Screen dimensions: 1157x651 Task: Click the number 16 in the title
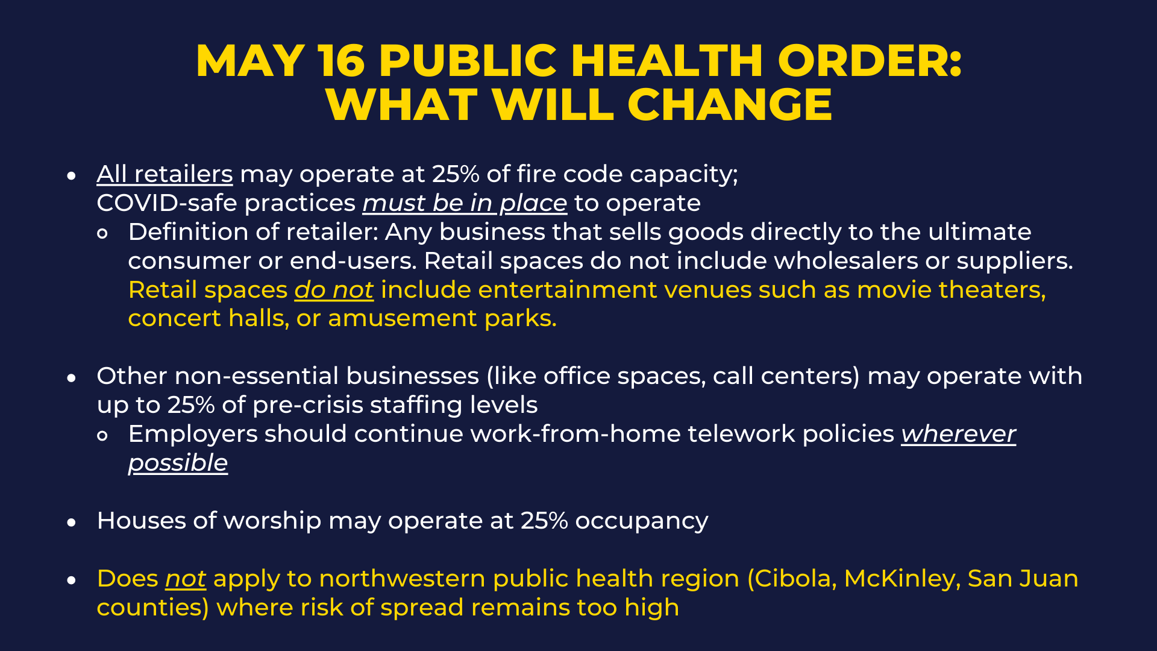(342, 61)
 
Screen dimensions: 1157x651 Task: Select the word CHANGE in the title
(730, 105)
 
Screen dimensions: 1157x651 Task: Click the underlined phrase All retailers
(165, 174)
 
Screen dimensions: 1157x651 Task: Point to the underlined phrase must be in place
(465, 204)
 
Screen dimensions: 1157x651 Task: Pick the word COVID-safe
(167, 203)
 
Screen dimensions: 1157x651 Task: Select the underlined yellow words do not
(334, 290)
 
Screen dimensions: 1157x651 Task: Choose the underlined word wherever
(959, 435)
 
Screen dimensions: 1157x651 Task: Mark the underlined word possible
(178, 464)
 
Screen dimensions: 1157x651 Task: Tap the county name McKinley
(902, 579)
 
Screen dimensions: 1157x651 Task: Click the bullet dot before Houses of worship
(72, 523)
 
